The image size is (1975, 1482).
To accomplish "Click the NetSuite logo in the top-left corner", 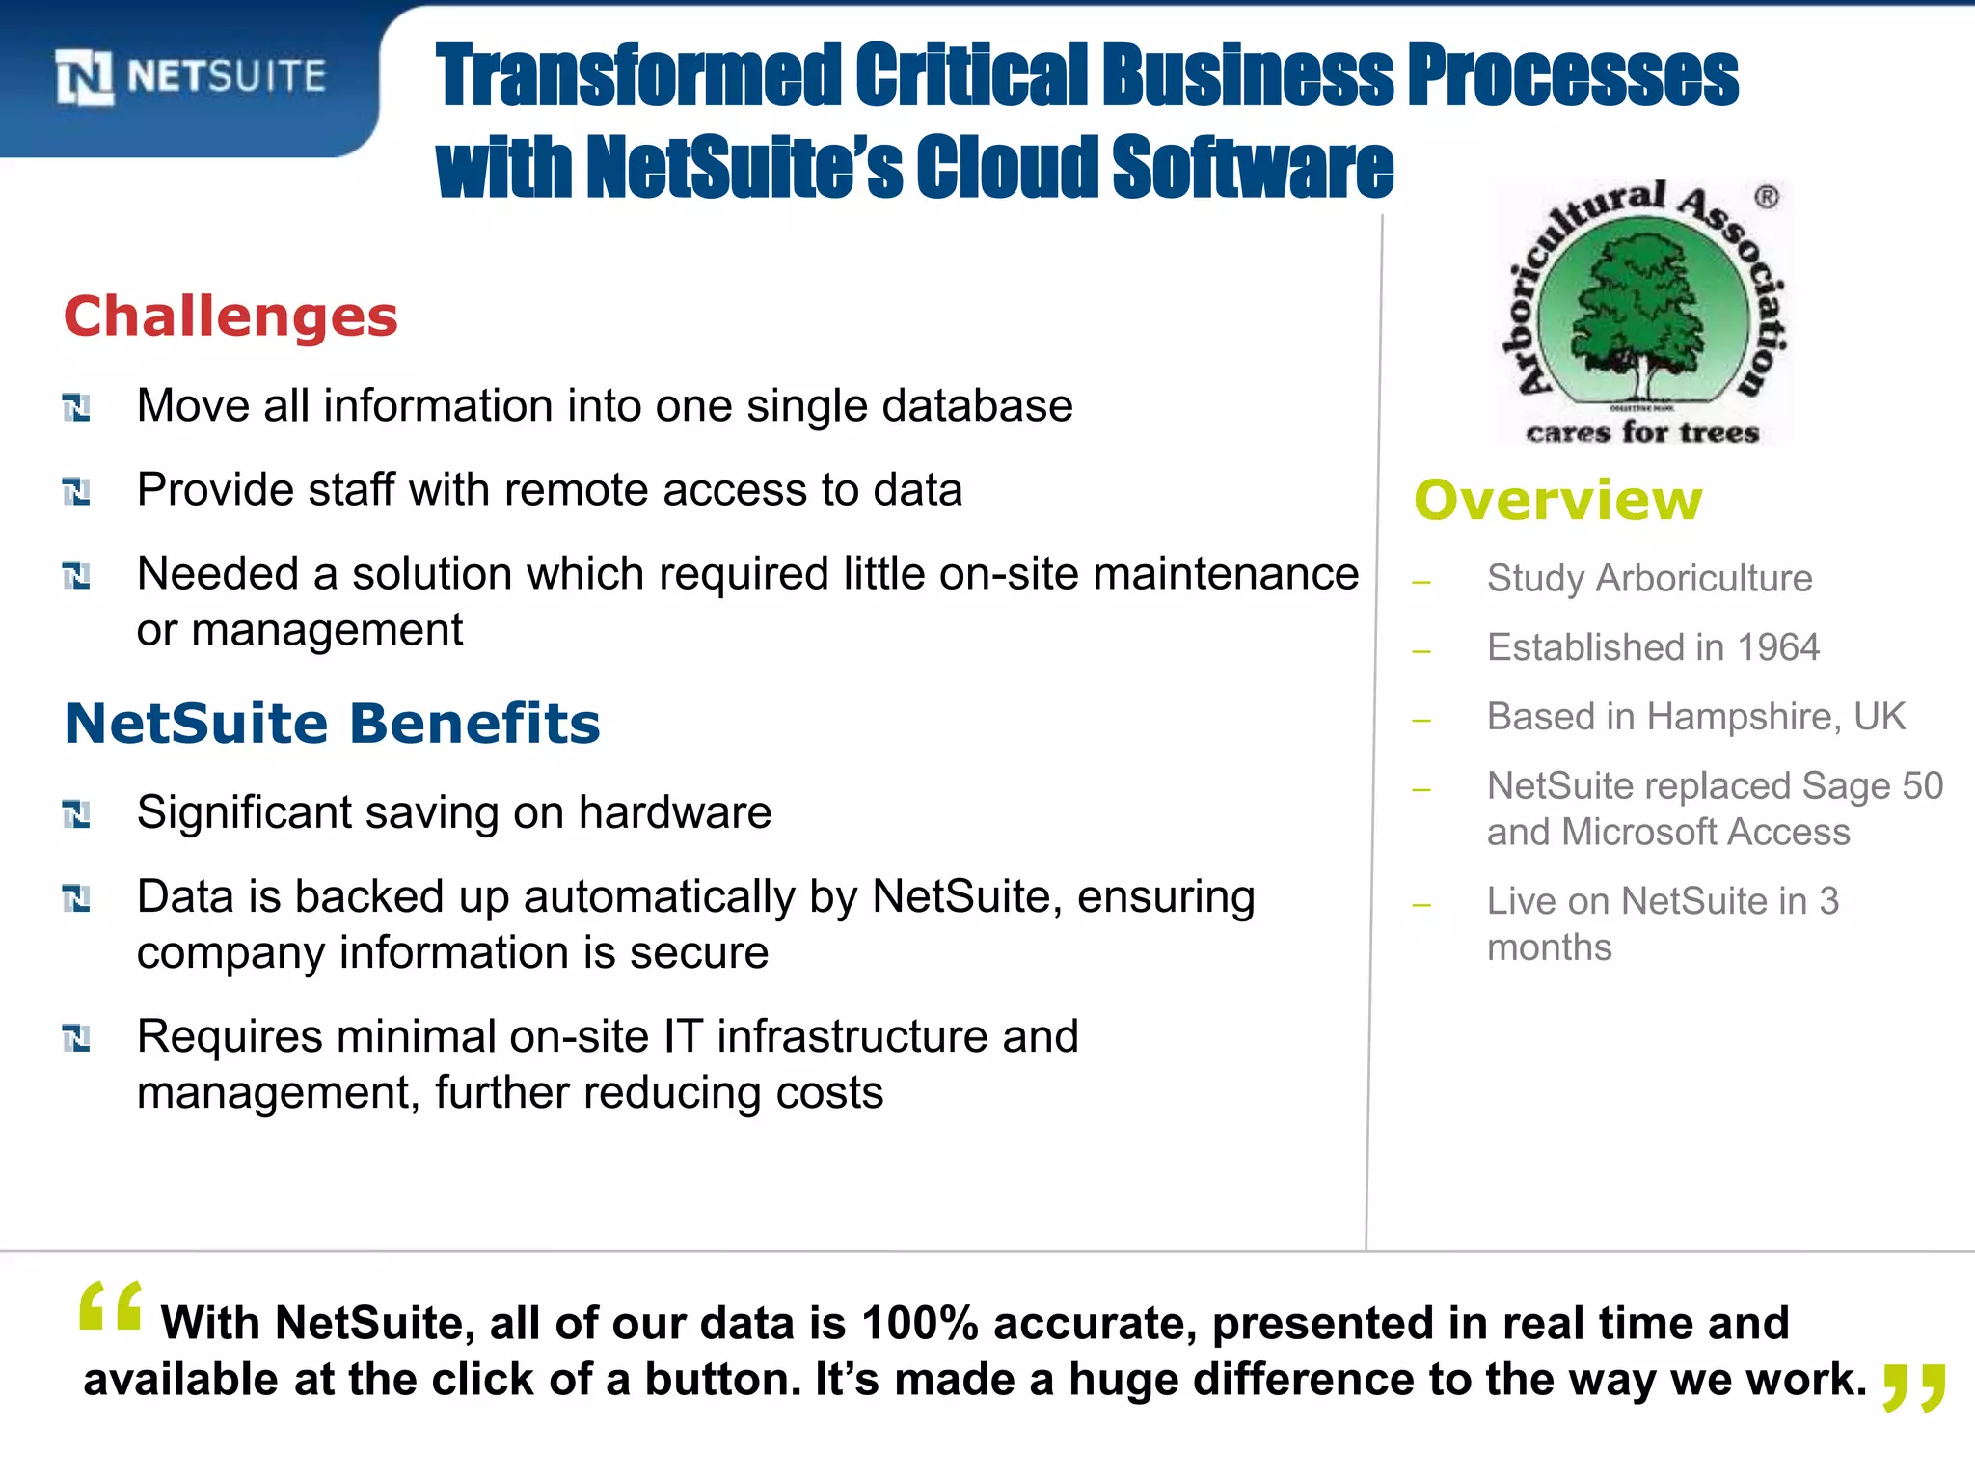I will pos(191,77).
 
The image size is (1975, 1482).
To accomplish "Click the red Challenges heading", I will pos(230,316).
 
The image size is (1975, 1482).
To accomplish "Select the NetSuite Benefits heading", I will pos(332,724).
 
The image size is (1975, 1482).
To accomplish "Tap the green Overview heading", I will pos(1557,501).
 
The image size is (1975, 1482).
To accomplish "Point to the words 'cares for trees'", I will pos(1642,432).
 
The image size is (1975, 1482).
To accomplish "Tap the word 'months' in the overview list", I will pos(1549,947).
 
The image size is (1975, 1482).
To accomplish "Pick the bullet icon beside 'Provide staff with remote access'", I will pos(76,492).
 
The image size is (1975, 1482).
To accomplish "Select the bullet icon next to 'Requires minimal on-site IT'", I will pos(76,1039).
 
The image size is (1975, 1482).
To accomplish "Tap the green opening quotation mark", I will pos(111,1308).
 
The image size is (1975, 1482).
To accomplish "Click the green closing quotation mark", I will pos(1914,1386).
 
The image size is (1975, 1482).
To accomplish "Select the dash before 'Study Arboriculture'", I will pos(1420,583).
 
